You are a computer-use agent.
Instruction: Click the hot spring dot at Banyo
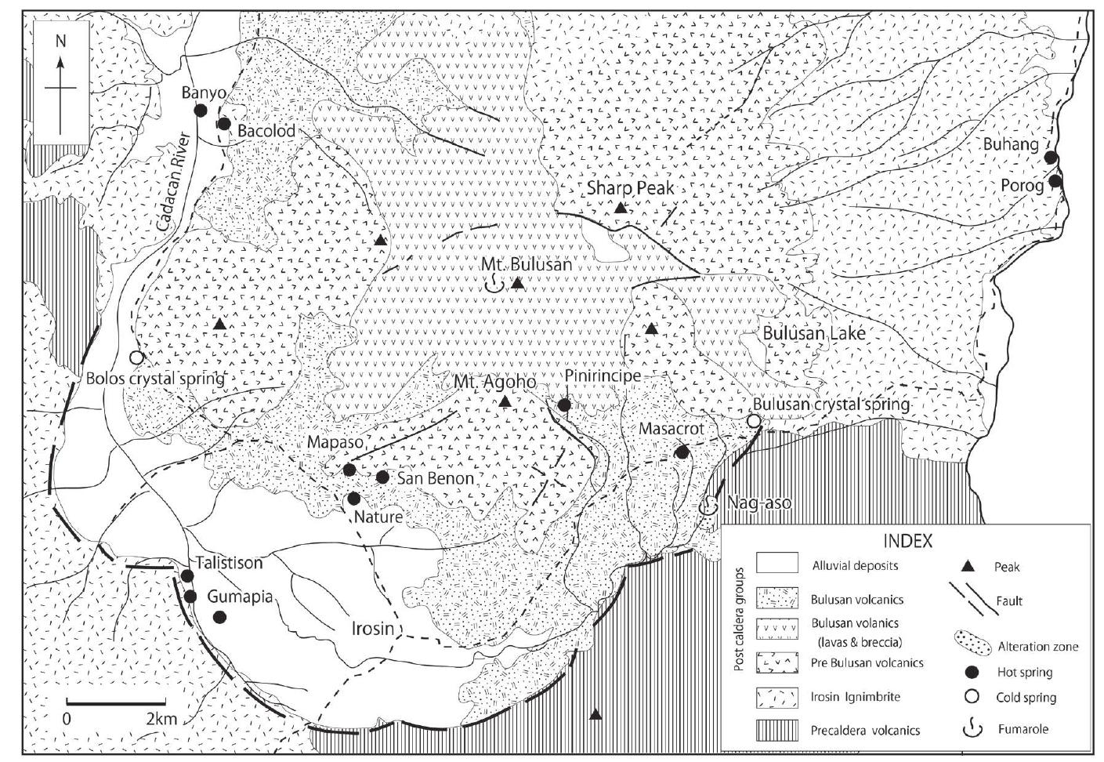click(201, 111)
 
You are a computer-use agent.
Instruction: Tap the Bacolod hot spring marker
click(224, 123)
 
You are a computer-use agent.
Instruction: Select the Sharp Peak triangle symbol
click(620, 208)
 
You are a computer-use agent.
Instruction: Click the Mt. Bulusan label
click(527, 265)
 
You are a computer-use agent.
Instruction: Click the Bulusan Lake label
click(814, 333)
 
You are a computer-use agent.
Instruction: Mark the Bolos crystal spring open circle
click(136, 357)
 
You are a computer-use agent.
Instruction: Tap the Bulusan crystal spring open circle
click(753, 422)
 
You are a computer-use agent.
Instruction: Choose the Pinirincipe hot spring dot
click(564, 405)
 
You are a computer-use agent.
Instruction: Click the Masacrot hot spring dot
click(682, 452)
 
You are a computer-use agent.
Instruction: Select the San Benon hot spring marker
click(382, 477)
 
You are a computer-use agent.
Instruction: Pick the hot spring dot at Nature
click(353, 499)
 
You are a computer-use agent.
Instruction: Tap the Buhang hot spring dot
click(1051, 158)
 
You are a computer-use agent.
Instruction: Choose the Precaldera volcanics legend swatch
click(776, 730)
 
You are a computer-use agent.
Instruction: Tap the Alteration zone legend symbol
click(979, 644)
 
